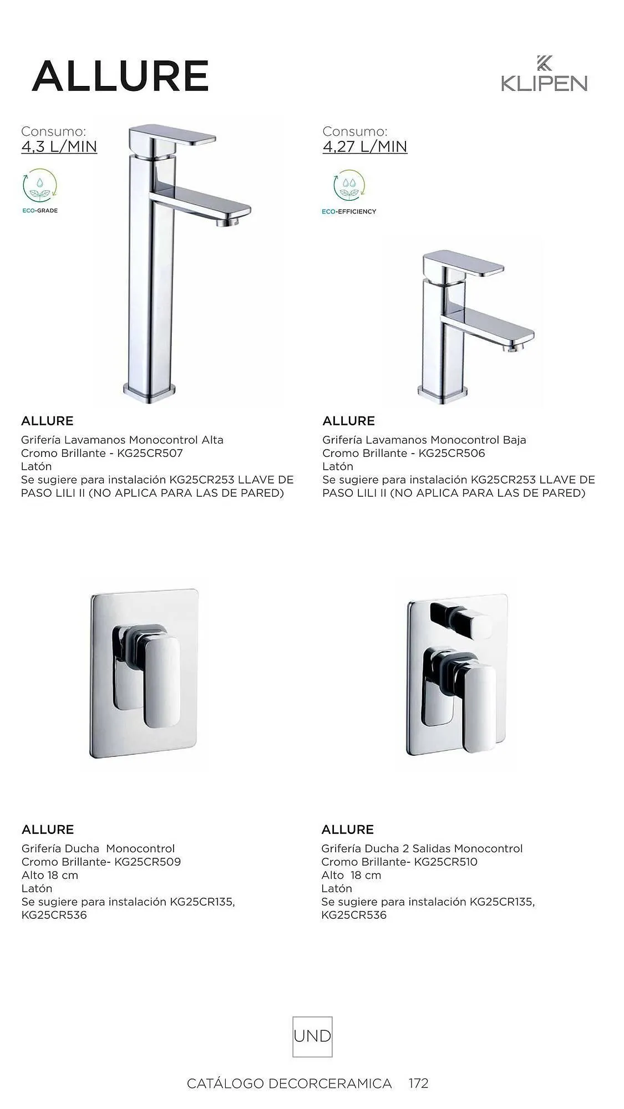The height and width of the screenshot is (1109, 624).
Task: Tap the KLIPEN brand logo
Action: [x=544, y=74]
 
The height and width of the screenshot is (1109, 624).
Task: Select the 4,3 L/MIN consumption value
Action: [x=59, y=147]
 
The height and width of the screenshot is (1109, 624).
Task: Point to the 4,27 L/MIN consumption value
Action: [x=365, y=147]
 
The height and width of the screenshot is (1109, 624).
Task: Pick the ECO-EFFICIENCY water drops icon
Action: [x=349, y=186]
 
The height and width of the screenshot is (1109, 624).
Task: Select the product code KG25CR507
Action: [x=150, y=454]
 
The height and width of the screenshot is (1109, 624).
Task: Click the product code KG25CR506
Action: [x=451, y=454]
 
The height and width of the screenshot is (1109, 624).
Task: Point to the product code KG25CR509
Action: [x=147, y=862]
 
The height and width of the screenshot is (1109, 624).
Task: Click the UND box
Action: [x=312, y=1036]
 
